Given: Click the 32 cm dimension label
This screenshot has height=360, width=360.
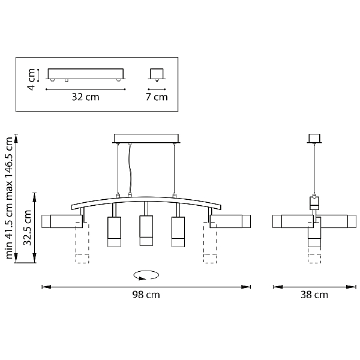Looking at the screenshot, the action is coord(85,97).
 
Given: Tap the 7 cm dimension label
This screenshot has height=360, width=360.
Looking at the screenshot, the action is coord(157,97).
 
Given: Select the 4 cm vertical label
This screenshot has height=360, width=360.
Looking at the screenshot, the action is coord(31,79).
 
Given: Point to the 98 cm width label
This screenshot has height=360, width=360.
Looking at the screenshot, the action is coord(146,295).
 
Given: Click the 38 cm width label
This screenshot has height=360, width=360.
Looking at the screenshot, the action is coord(314,295).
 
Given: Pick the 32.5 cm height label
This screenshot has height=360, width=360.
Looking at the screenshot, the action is coord(28,227).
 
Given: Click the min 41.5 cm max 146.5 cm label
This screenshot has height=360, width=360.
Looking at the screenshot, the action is coord(9,198).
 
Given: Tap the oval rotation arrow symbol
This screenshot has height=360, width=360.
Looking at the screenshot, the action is coord(146,275).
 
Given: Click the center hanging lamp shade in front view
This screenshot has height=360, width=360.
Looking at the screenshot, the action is coord(146,230).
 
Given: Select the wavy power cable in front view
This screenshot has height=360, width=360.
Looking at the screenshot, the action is coord(130,169).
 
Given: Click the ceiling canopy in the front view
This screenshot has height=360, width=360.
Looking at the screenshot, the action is coord(146,139).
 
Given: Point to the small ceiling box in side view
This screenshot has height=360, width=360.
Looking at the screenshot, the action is coord(314,138).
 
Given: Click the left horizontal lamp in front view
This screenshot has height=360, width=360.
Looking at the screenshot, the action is coord(62,221).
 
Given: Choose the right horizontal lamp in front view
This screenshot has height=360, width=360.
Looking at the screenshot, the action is coord(230,221).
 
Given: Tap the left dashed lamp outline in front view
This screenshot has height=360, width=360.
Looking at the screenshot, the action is coord(82,242).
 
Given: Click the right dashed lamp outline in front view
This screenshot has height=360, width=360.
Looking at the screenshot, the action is coord(210,242).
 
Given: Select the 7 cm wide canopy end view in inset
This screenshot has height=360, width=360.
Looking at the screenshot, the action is coord(157,74).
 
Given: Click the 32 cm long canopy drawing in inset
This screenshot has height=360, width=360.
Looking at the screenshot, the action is coord(86,74).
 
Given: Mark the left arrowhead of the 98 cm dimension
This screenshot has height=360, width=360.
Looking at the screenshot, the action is coord(46,287).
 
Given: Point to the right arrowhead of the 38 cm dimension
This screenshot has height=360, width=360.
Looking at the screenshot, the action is coord(351,287).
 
